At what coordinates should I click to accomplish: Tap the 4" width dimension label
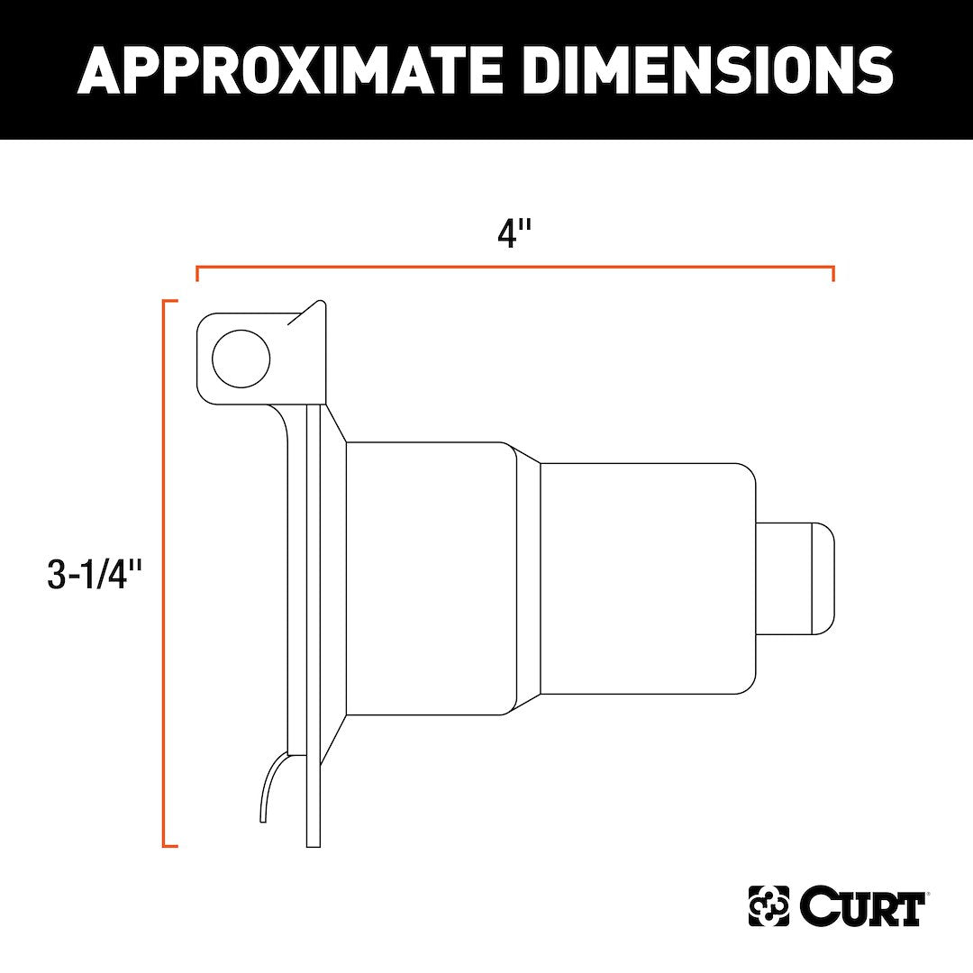pos(514,233)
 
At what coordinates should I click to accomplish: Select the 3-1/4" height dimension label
pos(95,574)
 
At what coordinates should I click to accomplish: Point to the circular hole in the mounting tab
pos(241,359)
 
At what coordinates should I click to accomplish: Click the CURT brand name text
pos(861,907)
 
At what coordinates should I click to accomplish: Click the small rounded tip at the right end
pos(823,578)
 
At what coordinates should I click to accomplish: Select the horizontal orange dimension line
pos(514,268)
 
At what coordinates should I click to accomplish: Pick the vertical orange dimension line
pos(164,573)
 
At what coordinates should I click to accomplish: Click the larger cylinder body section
pos(430,578)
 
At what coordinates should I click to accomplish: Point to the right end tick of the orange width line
pos(833,274)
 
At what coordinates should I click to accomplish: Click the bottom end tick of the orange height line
pos(170,846)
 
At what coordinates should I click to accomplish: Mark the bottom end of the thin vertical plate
pos(314,842)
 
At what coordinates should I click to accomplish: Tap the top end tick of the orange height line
pos(170,301)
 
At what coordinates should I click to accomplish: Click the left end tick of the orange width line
pos(196,274)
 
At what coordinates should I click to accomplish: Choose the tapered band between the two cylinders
pos(528,578)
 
